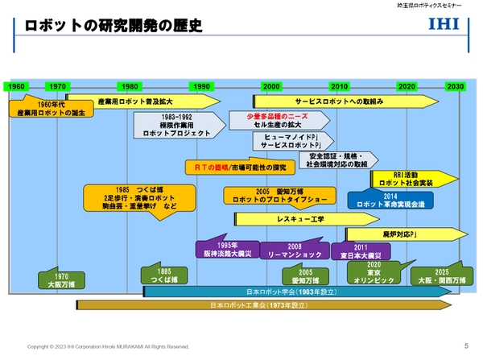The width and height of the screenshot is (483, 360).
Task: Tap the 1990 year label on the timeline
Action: pos(201,86)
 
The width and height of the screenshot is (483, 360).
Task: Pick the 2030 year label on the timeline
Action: pos(455,86)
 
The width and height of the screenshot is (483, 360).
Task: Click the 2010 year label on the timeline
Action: pos(339,86)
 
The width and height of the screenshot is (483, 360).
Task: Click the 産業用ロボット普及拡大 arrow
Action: pos(141,101)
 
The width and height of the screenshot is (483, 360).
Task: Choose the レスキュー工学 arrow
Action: pos(302,218)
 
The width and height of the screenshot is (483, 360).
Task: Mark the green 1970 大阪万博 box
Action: pos(58,279)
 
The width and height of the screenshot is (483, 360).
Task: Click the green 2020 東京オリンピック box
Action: pos(374,274)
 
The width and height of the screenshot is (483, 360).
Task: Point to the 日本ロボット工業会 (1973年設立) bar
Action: pos(258,306)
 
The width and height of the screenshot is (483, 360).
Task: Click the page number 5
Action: pos(466,346)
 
